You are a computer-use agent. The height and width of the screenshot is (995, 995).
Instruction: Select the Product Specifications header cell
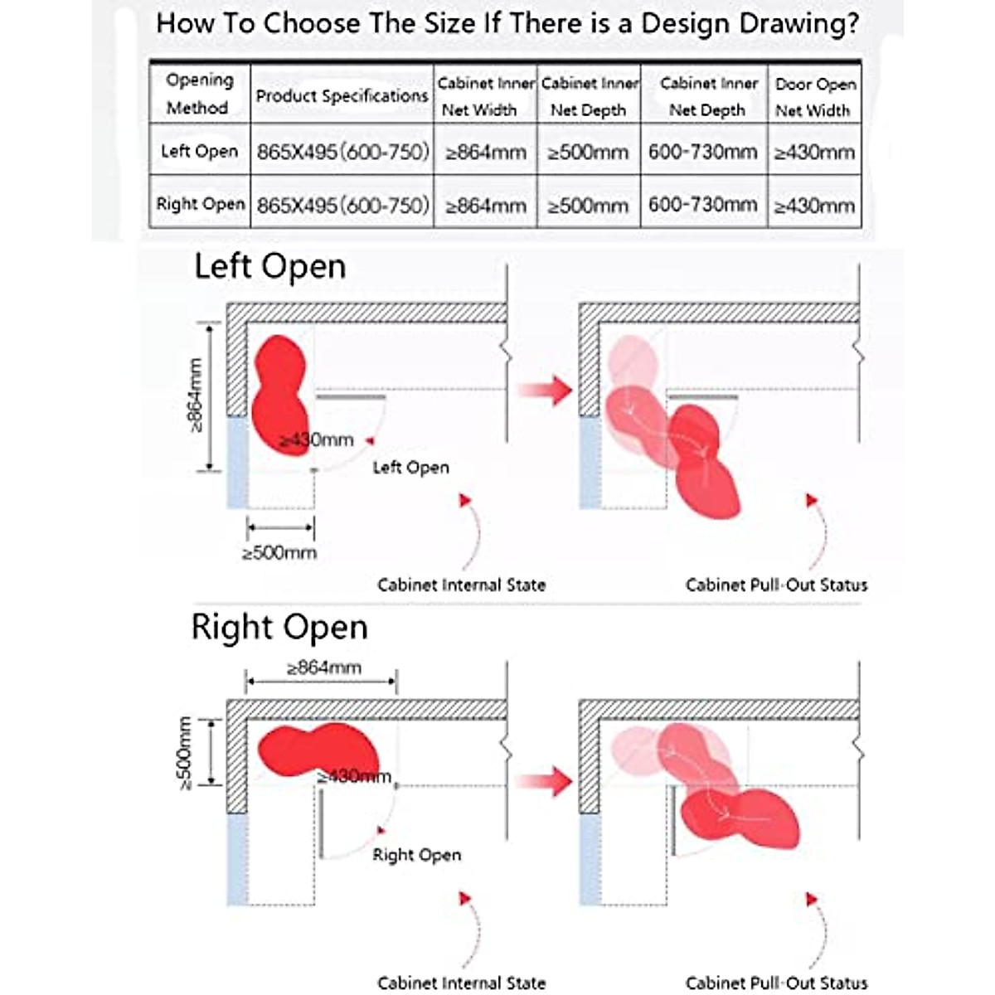tap(342, 96)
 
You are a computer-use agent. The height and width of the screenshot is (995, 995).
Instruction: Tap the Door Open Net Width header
tap(814, 96)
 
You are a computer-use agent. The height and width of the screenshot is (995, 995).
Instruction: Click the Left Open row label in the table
tap(199, 151)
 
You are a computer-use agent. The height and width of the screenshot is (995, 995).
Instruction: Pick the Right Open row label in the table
tap(200, 204)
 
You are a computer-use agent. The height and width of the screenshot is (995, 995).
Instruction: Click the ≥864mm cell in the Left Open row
tap(486, 153)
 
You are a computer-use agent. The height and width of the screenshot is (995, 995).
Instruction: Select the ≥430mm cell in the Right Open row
tap(814, 206)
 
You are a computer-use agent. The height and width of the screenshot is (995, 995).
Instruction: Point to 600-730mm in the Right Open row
tap(703, 205)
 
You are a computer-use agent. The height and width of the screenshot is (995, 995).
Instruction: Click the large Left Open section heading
tap(269, 267)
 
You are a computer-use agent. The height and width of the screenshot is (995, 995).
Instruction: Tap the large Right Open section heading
tap(279, 627)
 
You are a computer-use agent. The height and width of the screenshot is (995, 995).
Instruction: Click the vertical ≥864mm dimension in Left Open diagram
tap(196, 395)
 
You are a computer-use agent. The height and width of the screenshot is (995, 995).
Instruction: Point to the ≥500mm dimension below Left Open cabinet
tap(279, 552)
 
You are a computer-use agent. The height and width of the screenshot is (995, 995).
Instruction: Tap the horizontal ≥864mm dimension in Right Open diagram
tap(323, 667)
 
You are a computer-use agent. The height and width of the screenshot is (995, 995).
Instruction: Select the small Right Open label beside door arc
tap(416, 855)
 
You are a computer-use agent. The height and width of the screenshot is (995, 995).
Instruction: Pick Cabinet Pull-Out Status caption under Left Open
tap(776, 585)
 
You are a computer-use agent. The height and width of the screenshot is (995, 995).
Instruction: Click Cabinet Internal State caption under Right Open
tap(461, 983)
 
